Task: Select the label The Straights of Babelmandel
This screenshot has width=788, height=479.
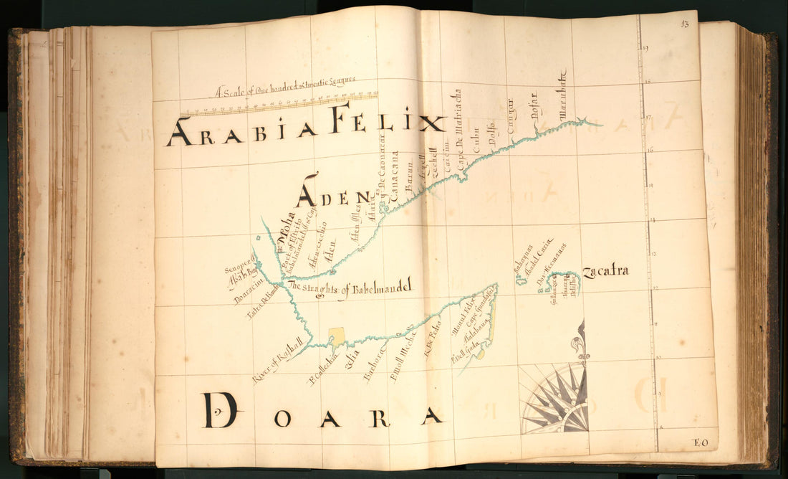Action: click(x=350, y=288)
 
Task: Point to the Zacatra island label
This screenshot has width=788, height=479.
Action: click(x=605, y=271)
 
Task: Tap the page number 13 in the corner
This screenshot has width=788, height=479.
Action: click(x=685, y=25)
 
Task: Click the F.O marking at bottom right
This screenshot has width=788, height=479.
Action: click(x=699, y=442)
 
